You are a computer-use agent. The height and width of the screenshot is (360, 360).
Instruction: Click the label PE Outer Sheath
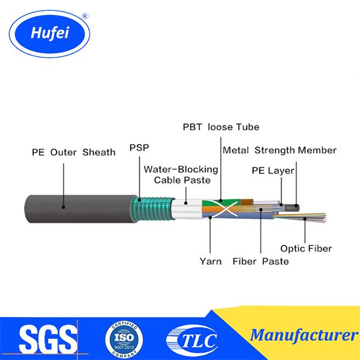73,152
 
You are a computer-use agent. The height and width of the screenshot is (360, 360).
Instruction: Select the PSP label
139,146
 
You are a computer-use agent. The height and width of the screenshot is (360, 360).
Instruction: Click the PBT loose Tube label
221,127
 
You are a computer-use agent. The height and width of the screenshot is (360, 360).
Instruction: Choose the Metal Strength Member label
279,150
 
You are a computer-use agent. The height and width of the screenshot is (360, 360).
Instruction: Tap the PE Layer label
273,171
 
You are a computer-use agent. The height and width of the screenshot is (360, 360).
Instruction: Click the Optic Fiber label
306,248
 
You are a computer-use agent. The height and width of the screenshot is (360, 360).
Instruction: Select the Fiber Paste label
260,261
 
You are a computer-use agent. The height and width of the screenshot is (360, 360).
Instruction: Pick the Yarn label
211,261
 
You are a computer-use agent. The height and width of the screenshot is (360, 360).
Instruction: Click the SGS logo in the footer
48,339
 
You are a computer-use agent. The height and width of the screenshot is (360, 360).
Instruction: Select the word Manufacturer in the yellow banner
303,334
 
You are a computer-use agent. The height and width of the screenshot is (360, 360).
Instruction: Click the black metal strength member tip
294,206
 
